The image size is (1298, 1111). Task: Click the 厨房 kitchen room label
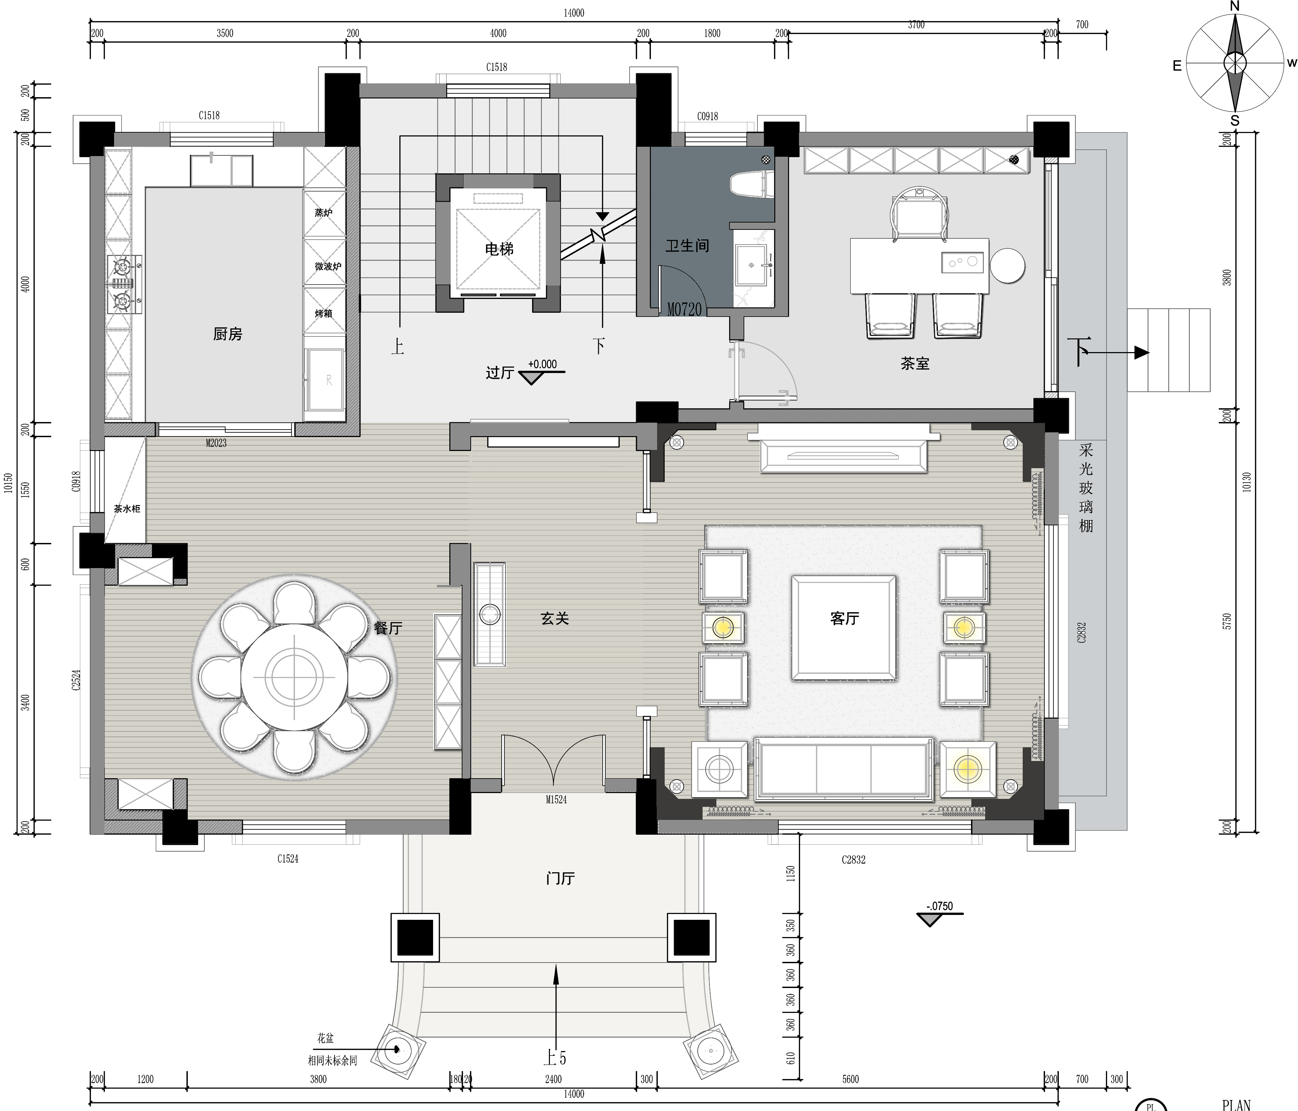pos(227,335)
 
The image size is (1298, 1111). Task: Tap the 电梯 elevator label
pos(499,249)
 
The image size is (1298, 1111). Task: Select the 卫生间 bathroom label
pos(687,246)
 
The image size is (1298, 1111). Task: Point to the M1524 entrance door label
pos(556,800)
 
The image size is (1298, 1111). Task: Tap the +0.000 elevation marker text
pos(542,364)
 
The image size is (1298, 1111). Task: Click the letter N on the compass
pos(1235,6)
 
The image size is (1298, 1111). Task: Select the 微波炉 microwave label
pos(328,266)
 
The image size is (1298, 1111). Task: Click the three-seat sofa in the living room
pos(844,769)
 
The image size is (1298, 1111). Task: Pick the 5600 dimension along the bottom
pos(851,1079)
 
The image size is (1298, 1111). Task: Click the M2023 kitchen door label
pos(216,443)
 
